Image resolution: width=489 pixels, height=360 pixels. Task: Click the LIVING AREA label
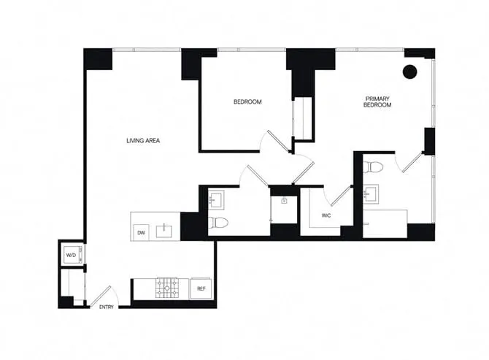click(x=143, y=140)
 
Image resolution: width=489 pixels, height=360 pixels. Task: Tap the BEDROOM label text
click(x=247, y=102)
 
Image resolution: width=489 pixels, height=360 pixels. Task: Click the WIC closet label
click(x=327, y=215)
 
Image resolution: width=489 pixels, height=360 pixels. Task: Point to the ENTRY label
click(x=107, y=307)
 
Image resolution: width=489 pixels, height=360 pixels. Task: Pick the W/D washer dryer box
click(x=72, y=255)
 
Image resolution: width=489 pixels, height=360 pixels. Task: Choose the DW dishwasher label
click(x=140, y=233)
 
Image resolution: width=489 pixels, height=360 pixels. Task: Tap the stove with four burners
click(x=167, y=288)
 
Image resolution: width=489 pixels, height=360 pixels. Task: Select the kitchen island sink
click(x=167, y=231)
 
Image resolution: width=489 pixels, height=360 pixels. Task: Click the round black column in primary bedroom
click(x=410, y=72)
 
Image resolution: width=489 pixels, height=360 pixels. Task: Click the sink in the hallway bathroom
click(x=217, y=198)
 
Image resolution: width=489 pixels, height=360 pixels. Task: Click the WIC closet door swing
click(x=339, y=197)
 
